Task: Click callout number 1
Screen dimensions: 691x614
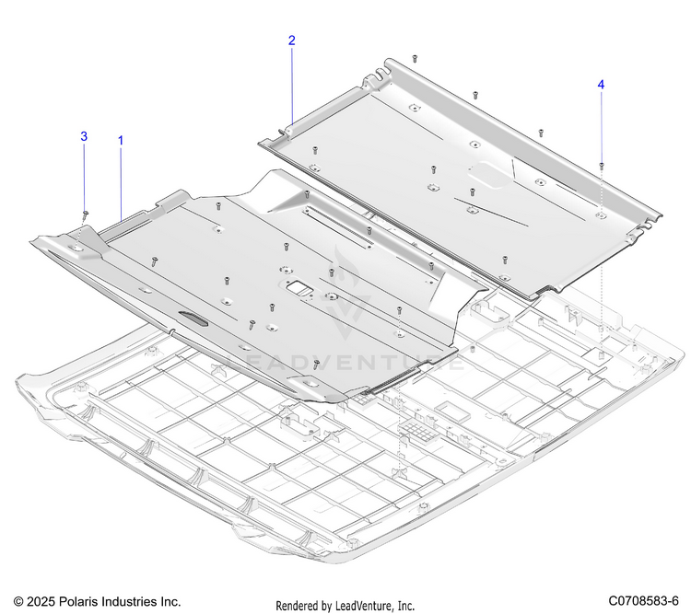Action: tap(121, 141)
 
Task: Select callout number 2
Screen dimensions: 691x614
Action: tap(292, 41)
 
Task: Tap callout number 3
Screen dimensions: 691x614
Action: tap(84, 136)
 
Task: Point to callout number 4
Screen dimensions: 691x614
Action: tap(601, 85)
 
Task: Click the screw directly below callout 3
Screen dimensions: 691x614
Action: tap(86, 214)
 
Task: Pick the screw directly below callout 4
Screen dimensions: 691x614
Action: tap(602, 165)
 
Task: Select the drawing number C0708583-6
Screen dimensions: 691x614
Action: tap(643, 601)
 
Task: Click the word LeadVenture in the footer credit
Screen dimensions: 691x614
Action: tap(363, 606)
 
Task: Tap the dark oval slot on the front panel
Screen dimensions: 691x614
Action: tap(193, 319)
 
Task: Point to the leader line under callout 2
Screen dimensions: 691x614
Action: tap(292, 87)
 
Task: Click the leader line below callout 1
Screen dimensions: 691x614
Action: tap(121, 184)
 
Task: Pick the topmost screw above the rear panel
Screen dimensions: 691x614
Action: tap(415, 58)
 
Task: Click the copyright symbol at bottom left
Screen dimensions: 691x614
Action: tap(18, 602)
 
